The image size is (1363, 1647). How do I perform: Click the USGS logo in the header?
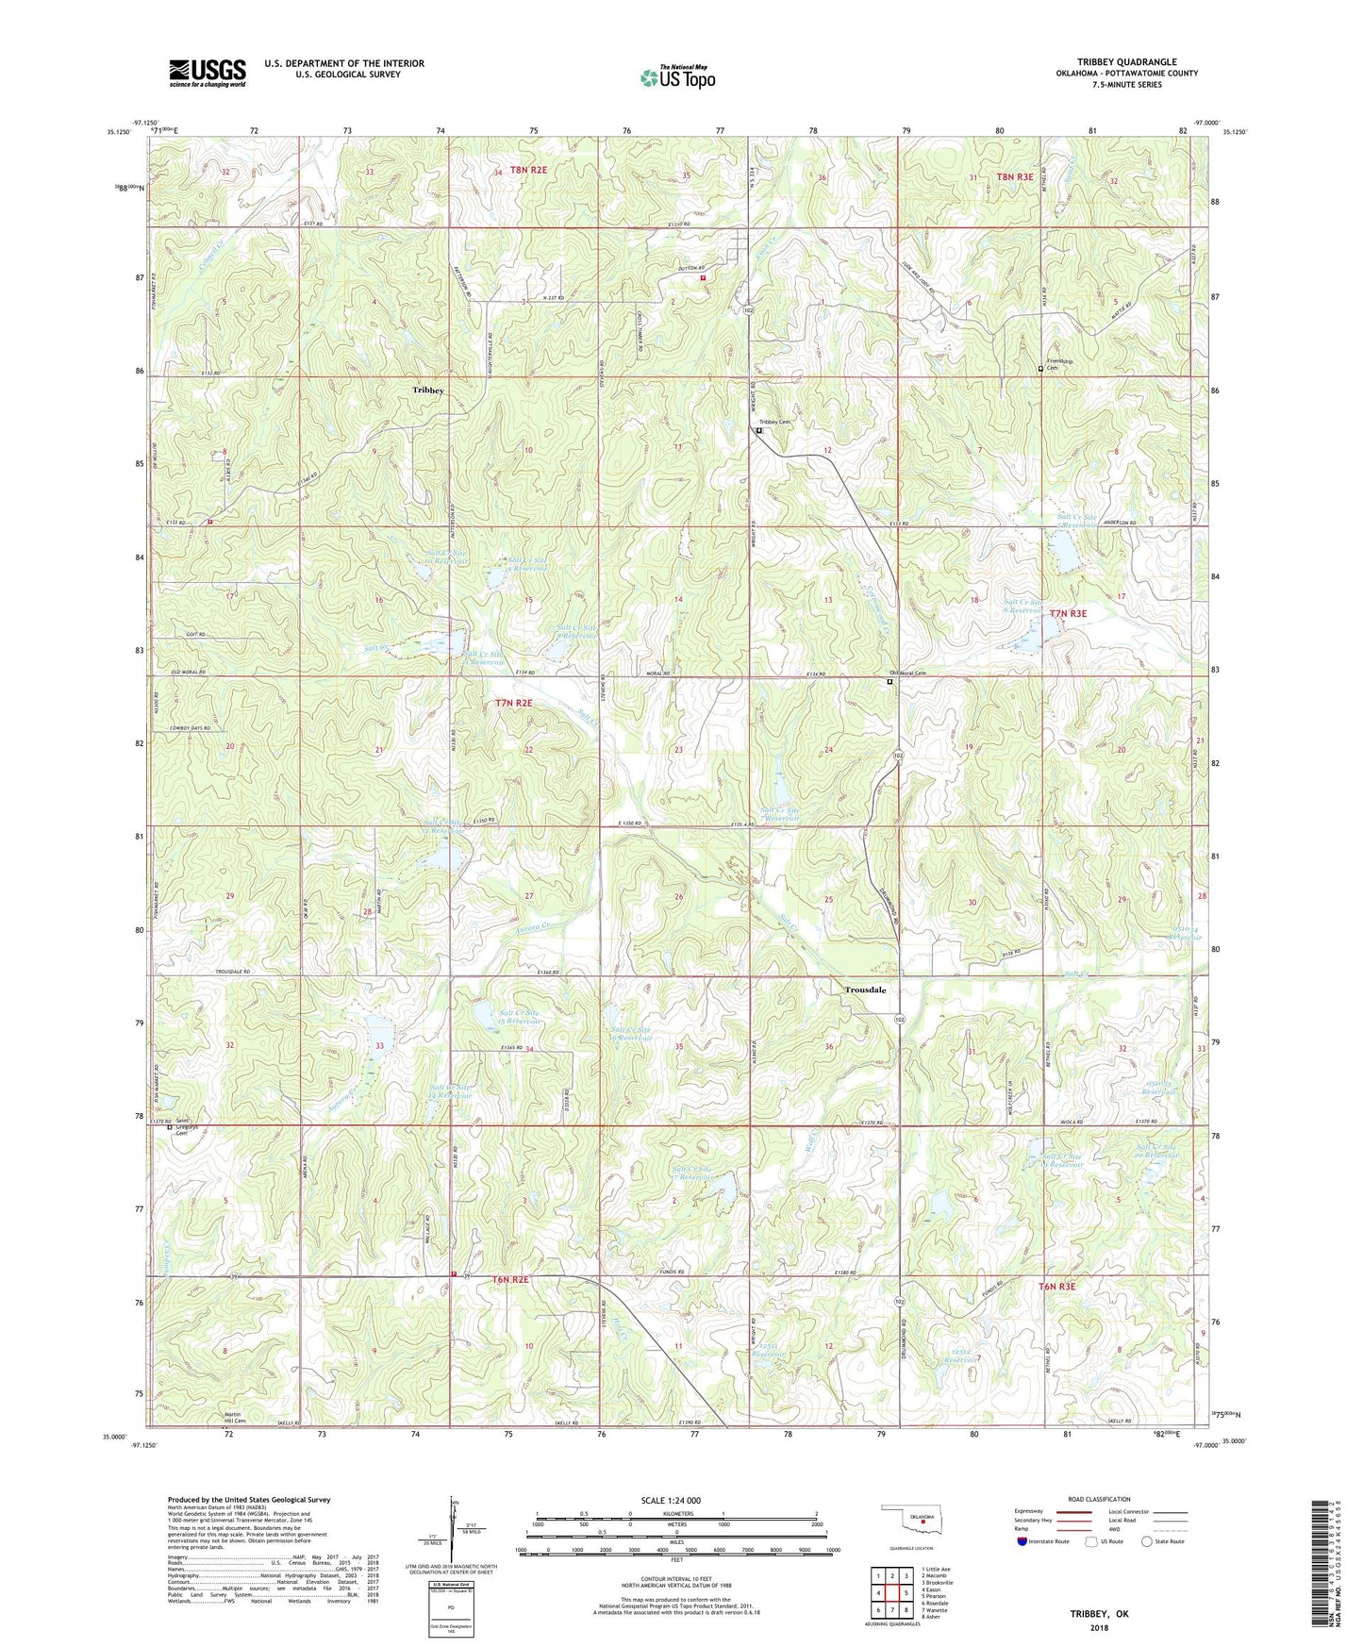[x=208, y=73]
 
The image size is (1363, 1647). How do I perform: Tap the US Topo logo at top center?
[x=676, y=77]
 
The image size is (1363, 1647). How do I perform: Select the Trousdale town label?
[x=865, y=990]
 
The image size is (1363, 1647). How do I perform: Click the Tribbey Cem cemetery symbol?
[x=759, y=431]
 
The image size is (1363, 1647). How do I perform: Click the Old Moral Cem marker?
[x=889, y=681]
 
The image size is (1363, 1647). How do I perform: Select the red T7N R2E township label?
[x=514, y=703]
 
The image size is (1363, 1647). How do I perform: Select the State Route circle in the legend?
[x=1147, y=1542]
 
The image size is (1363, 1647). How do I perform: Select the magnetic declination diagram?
[x=455, y=1536]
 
